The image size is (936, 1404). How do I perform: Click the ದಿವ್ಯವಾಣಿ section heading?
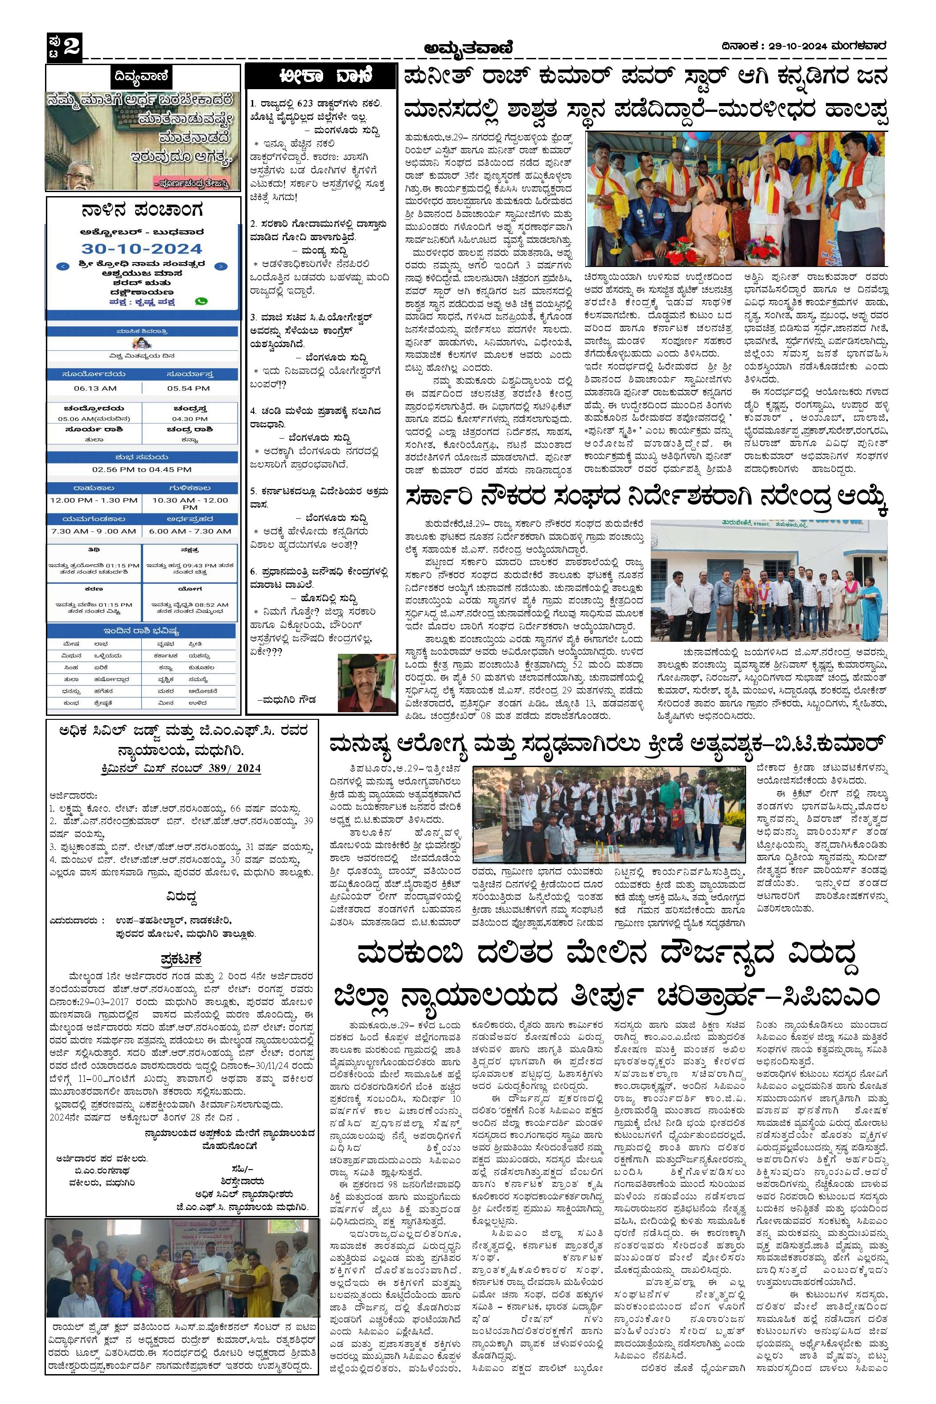[143, 77]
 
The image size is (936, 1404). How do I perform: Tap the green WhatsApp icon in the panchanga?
[202, 302]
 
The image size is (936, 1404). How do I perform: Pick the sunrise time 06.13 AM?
[95, 388]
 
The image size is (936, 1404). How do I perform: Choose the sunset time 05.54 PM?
[188, 388]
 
